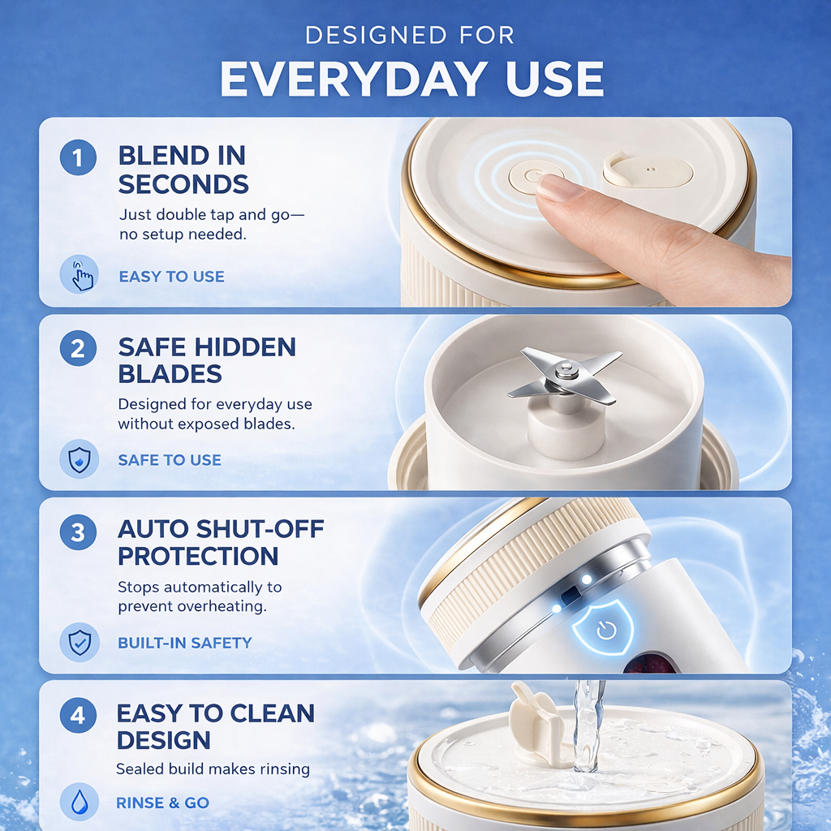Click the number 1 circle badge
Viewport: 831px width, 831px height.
pyautogui.click(x=79, y=157)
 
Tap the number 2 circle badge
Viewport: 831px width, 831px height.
pyautogui.click(x=79, y=349)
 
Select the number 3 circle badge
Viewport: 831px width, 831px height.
pyautogui.click(x=79, y=532)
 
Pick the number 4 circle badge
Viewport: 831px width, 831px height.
pyautogui.click(x=79, y=717)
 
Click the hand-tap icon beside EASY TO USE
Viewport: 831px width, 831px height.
pyautogui.click(x=80, y=275)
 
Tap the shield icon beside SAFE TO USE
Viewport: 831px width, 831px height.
pyautogui.click(x=80, y=459)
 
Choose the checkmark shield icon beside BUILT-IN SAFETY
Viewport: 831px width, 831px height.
pyautogui.click(x=80, y=643)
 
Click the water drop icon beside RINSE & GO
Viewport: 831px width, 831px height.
pyautogui.click(x=80, y=803)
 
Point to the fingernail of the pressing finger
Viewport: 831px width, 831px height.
pyautogui.click(x=561, y=188)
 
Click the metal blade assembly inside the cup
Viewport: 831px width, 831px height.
pyautogui.click(x=564, y=376)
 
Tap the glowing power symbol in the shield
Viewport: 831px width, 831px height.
pyautogui.click(x=605, y=631)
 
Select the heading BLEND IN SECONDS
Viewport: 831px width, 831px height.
pyautogui.click(x=183, y=170)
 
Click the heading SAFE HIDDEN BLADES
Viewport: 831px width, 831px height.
pyautogui.click(x=207, y=360)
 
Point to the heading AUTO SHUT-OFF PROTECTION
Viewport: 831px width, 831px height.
pyautogui.click(x=221, y=542)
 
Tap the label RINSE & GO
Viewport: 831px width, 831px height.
pyautogui.click(x=162, y=803)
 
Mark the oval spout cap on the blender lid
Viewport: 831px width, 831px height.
pyautogui.click(x=648, y=171)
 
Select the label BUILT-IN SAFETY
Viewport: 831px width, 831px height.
pyautogui.click(x=185, y=643)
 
